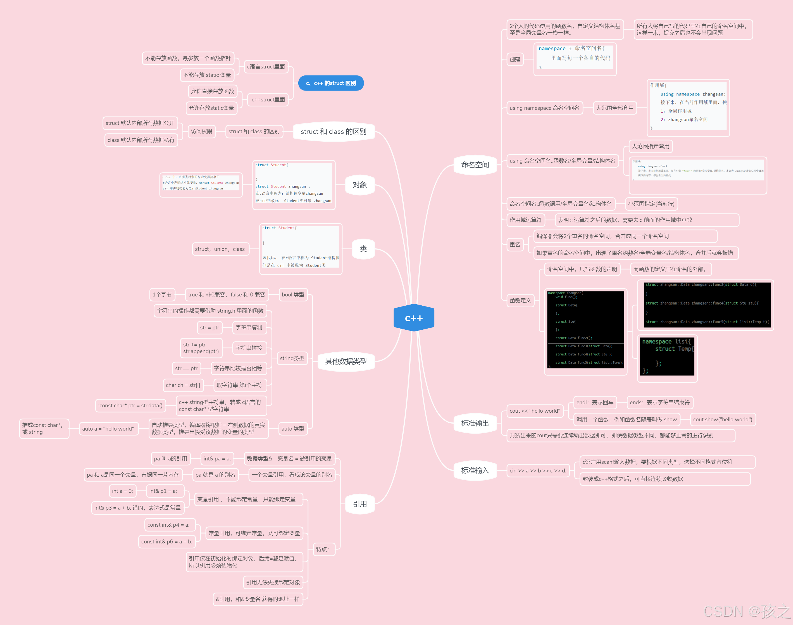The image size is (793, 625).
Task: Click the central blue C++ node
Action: point(414,318)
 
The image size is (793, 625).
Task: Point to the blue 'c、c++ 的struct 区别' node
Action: point(331,83)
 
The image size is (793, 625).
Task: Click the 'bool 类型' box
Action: point(293,294)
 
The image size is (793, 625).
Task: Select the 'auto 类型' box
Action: point(293,429)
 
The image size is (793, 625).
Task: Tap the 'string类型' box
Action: point(292,358)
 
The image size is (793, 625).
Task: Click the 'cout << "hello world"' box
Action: point(534,411)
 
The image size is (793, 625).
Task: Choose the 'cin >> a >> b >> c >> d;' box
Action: point(538,470)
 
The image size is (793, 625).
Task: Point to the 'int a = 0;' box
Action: point(123,491)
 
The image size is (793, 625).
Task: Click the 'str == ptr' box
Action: point(186,369)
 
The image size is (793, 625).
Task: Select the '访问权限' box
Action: point(202,131)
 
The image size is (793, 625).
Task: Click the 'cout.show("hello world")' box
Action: point(722,419)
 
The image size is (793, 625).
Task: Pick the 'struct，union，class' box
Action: point(220,249)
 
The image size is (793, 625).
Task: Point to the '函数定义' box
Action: point(520,300)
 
